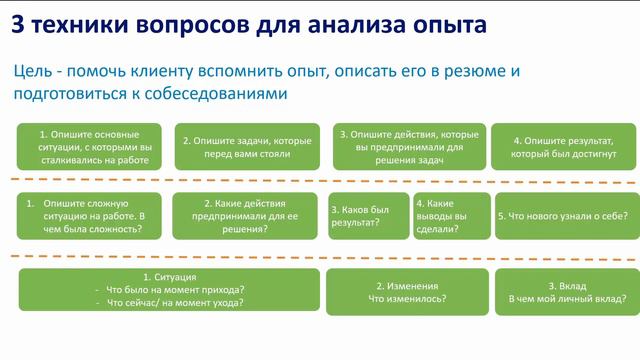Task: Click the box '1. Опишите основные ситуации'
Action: pyautogui.click(x=89, y=146)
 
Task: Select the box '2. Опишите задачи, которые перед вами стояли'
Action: pyautogui.click(x=247, y=147)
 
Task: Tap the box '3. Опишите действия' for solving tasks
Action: pyautogui.click(x=403, y=146)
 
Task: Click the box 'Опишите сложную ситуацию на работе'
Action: pyautogui.click(x=89, y=215)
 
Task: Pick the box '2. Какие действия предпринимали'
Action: pyautogui.click(x=247, y=215)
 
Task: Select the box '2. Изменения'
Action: pyautogui.click(x=407, y=290)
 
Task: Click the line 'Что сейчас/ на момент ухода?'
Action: pyautogui.click(x=176, y=303)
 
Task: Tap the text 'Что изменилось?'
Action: pyautogui.click(x=407, y=298)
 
